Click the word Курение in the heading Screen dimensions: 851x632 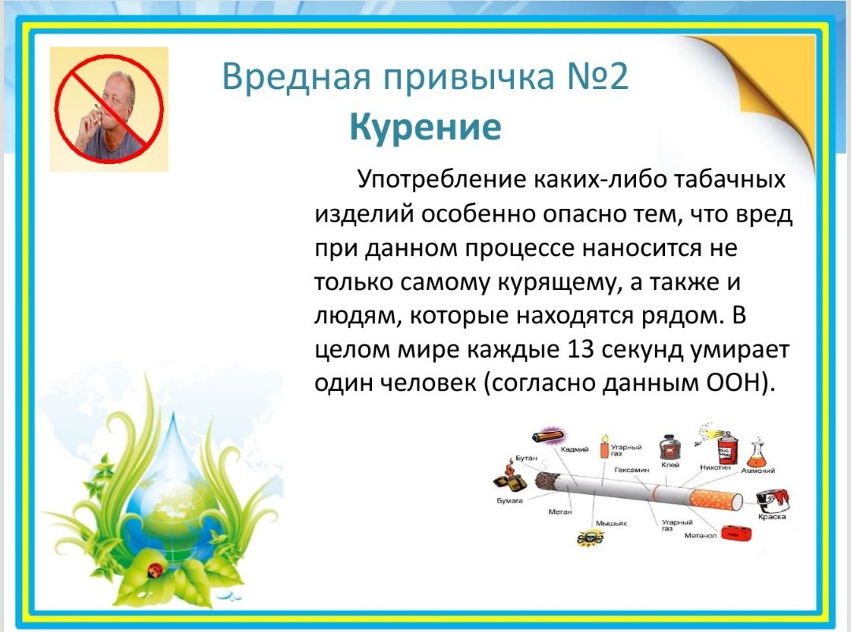click(425, 127)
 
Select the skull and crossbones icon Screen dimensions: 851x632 click(590, 538)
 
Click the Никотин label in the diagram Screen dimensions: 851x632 click(715, 467)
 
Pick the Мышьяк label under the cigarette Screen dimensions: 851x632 click(611, 523)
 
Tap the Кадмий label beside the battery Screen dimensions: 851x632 click(574, 449)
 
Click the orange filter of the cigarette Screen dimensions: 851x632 click(715, 498)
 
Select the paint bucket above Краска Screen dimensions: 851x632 click(772, 500)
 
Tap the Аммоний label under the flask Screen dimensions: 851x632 click(758, 470)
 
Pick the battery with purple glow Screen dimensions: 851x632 click(548, 436)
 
